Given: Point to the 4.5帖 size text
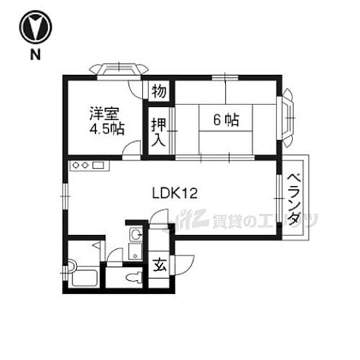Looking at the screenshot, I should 107,130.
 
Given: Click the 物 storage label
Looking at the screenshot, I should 158,91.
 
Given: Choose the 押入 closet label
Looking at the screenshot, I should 158,130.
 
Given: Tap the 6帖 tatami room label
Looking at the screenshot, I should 225,120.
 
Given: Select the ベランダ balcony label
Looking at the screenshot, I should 295,199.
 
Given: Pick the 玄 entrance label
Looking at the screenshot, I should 158,264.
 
